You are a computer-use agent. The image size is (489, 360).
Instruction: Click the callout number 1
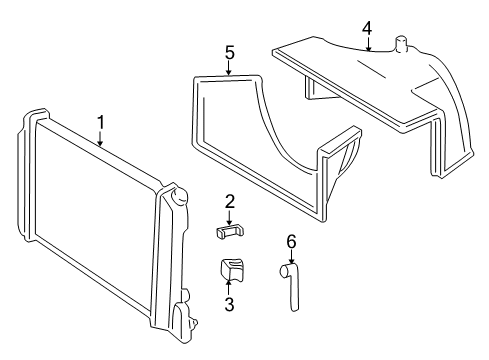point(101,123)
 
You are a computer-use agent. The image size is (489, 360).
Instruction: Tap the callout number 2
point(229,202)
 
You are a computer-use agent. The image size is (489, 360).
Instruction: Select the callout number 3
point(229,304)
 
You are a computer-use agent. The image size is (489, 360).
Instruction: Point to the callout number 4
point(367,28)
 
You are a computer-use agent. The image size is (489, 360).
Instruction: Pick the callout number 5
point(229,53)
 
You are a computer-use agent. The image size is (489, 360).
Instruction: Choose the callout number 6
point(291,242)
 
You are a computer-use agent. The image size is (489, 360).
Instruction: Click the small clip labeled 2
point(229,232)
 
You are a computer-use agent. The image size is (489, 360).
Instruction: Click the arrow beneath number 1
point(100,139)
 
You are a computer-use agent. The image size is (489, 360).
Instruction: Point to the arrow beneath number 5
point(229,68)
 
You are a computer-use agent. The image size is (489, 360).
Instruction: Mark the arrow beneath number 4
point(368,44)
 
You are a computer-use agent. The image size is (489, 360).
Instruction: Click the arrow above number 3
point(229,287)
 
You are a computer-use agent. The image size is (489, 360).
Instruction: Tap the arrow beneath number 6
point(291,257)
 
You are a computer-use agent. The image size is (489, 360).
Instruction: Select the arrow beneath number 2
point(229,218)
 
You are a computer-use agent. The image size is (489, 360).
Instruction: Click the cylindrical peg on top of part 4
point(401,44)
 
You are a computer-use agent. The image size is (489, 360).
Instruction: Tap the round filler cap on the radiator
point(179,196)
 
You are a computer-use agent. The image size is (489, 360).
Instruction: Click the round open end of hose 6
point(284,270)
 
